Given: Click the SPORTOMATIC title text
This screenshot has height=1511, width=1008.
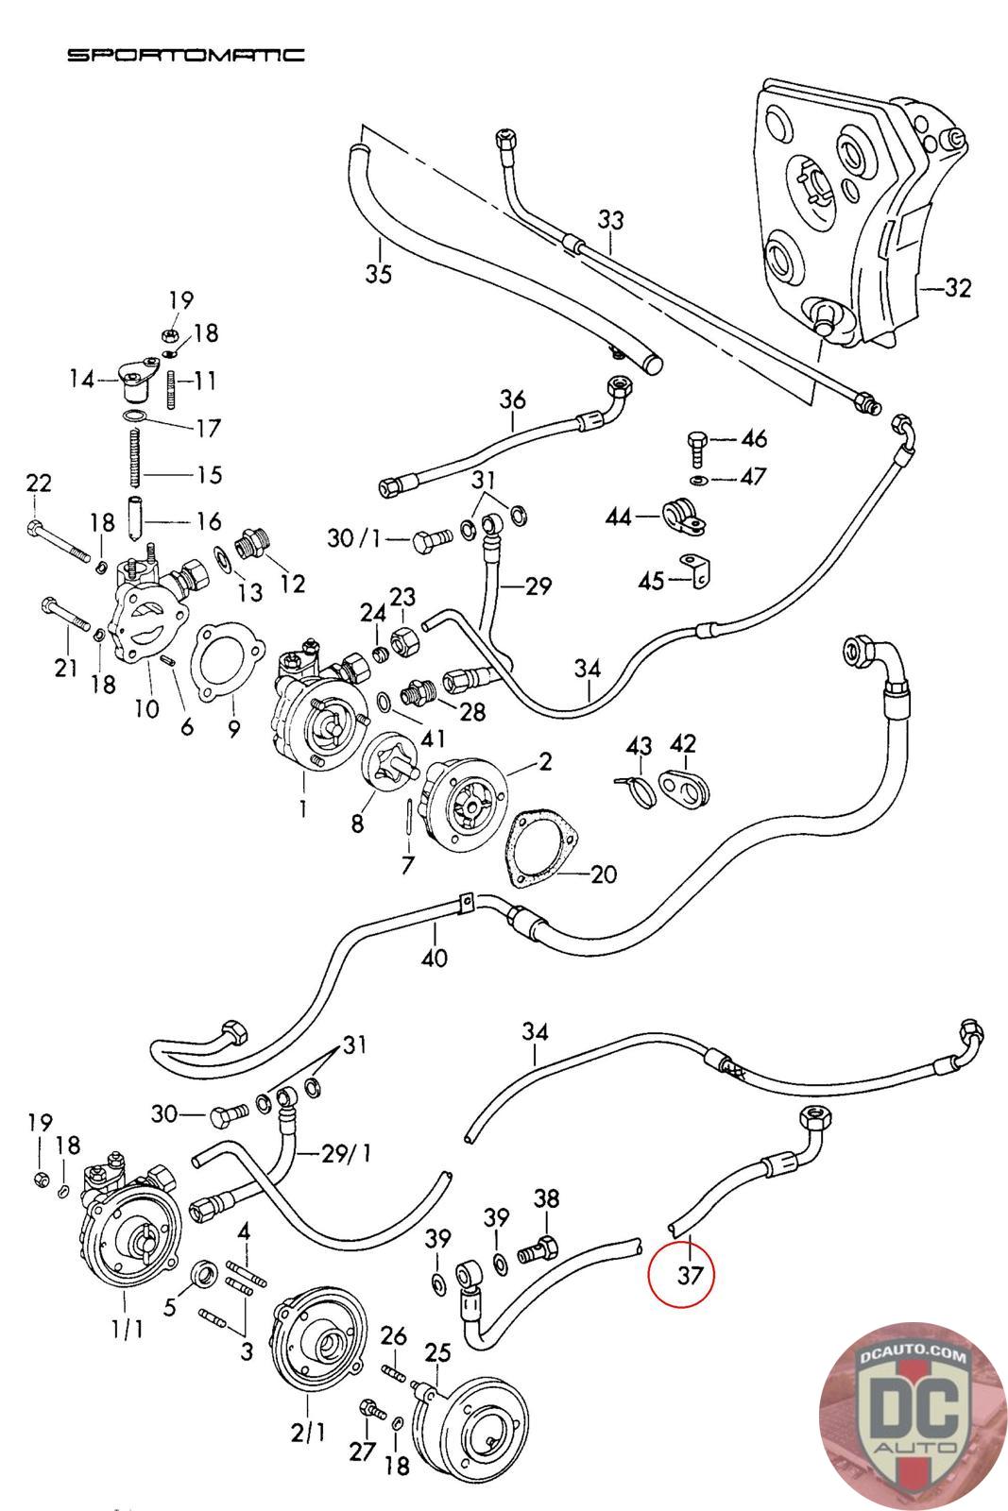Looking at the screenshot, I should click(185, 56).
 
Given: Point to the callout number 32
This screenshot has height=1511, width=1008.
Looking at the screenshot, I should click(957, 288).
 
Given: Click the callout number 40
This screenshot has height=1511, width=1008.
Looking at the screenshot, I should click(435, 958).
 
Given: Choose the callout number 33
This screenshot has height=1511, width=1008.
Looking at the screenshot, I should click(611, 220).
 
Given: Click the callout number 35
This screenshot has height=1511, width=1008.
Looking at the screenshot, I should click(379, 274).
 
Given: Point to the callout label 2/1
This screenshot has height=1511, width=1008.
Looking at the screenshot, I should click(307, 1433).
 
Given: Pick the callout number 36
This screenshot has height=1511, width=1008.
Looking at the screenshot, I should click(512, 399).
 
